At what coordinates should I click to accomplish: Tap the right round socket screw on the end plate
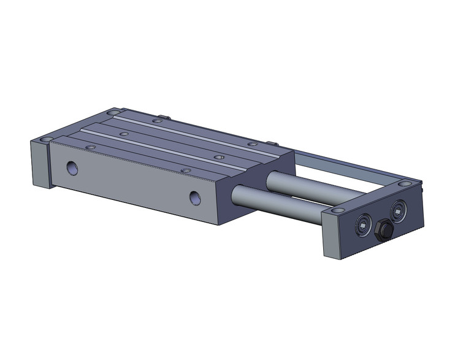(399, 209)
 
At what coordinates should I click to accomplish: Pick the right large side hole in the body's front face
(195, 197)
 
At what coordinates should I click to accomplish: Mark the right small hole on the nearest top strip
(185, 170)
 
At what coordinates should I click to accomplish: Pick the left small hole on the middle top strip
(124, 133)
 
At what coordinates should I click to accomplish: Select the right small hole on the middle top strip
(218, 157)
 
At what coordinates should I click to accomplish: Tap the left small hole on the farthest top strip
(158, 122)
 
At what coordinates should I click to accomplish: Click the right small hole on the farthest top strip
(252, 144)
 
